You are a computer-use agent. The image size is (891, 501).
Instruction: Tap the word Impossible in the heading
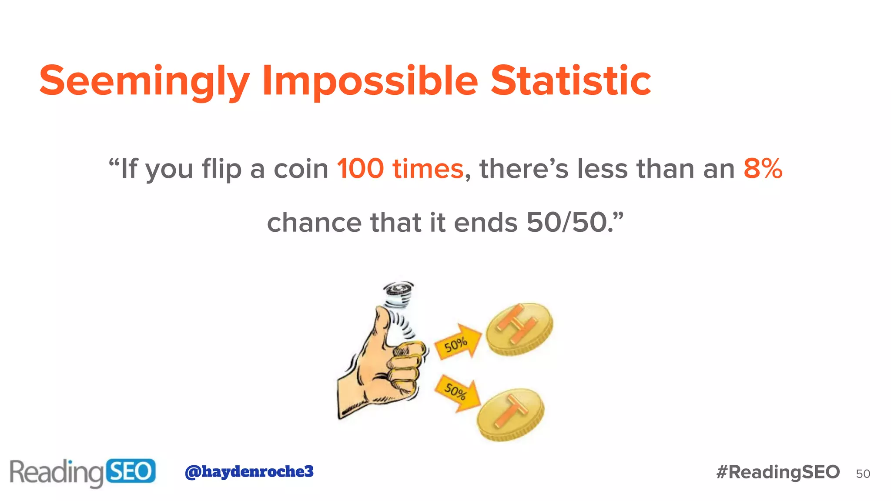370,81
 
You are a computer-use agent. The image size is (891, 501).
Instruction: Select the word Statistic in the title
571,81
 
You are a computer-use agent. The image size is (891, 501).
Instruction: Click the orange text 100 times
400,169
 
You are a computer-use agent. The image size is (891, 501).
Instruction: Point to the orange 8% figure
763,169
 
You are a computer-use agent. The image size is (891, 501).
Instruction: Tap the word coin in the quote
301,169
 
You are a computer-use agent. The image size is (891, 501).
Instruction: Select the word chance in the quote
314,223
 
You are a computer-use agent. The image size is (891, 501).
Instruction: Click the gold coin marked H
519,328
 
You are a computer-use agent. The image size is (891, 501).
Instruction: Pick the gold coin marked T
510,414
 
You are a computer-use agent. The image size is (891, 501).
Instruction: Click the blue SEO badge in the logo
131,471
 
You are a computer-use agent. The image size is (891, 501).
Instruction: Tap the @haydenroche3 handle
249,471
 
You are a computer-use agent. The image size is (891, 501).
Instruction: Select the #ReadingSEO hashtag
778,472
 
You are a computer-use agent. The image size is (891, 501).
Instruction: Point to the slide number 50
863,474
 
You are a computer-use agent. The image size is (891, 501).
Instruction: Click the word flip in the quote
221,169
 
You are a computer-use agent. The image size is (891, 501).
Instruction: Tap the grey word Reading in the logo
57,472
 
